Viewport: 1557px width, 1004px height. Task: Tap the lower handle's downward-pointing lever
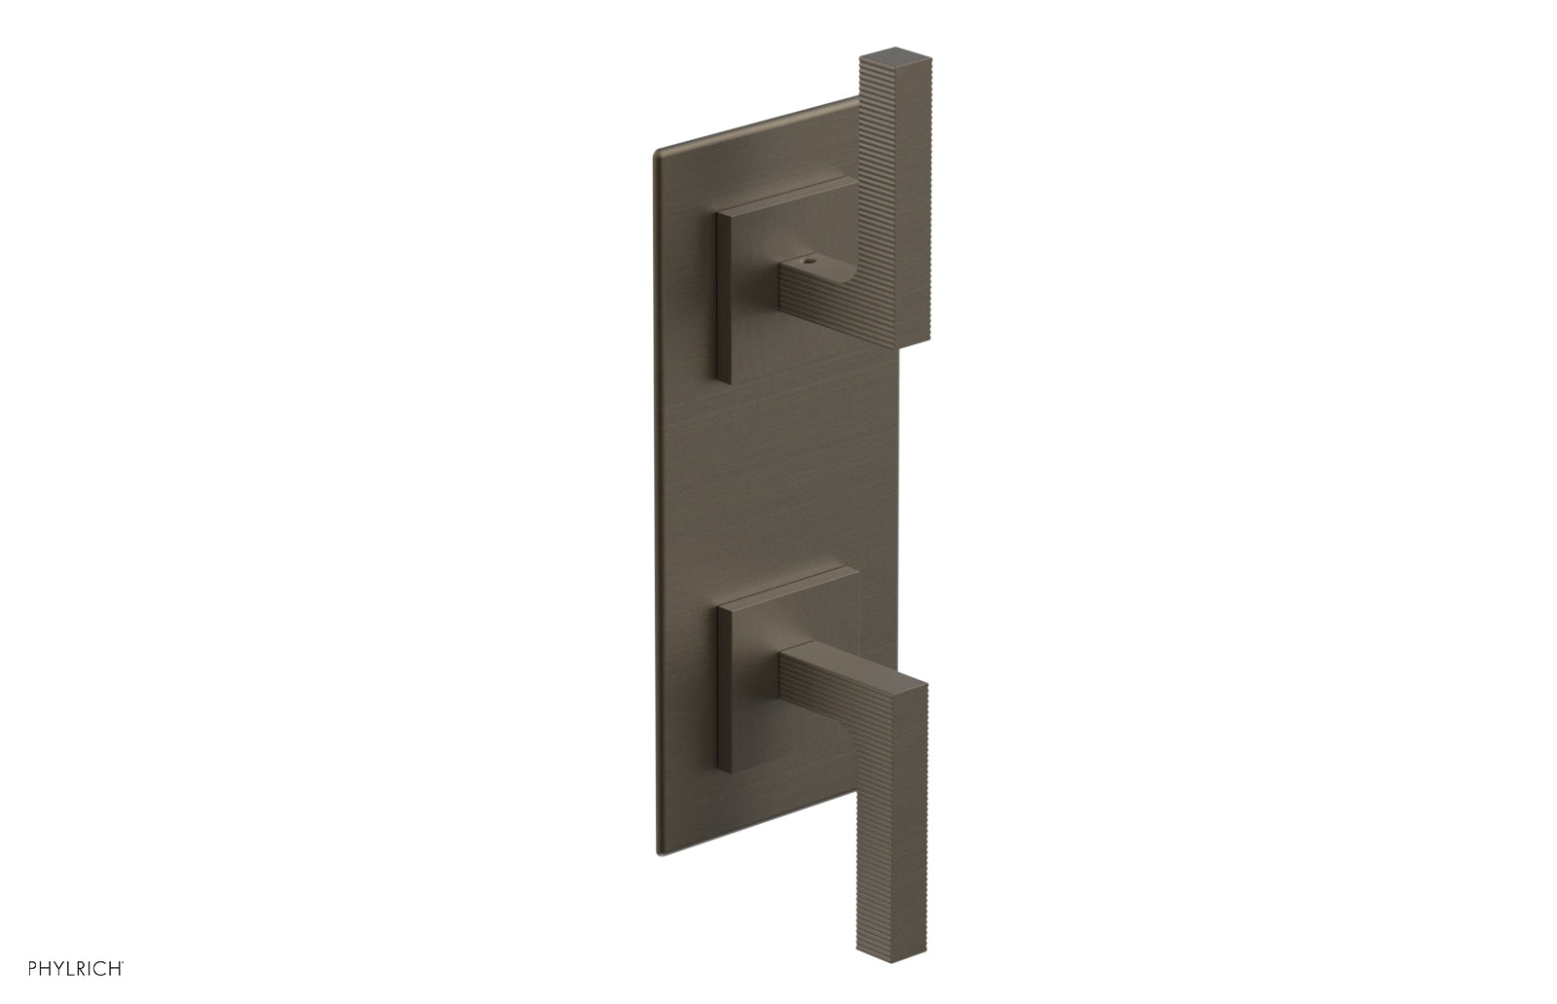click(x=890, y=798)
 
